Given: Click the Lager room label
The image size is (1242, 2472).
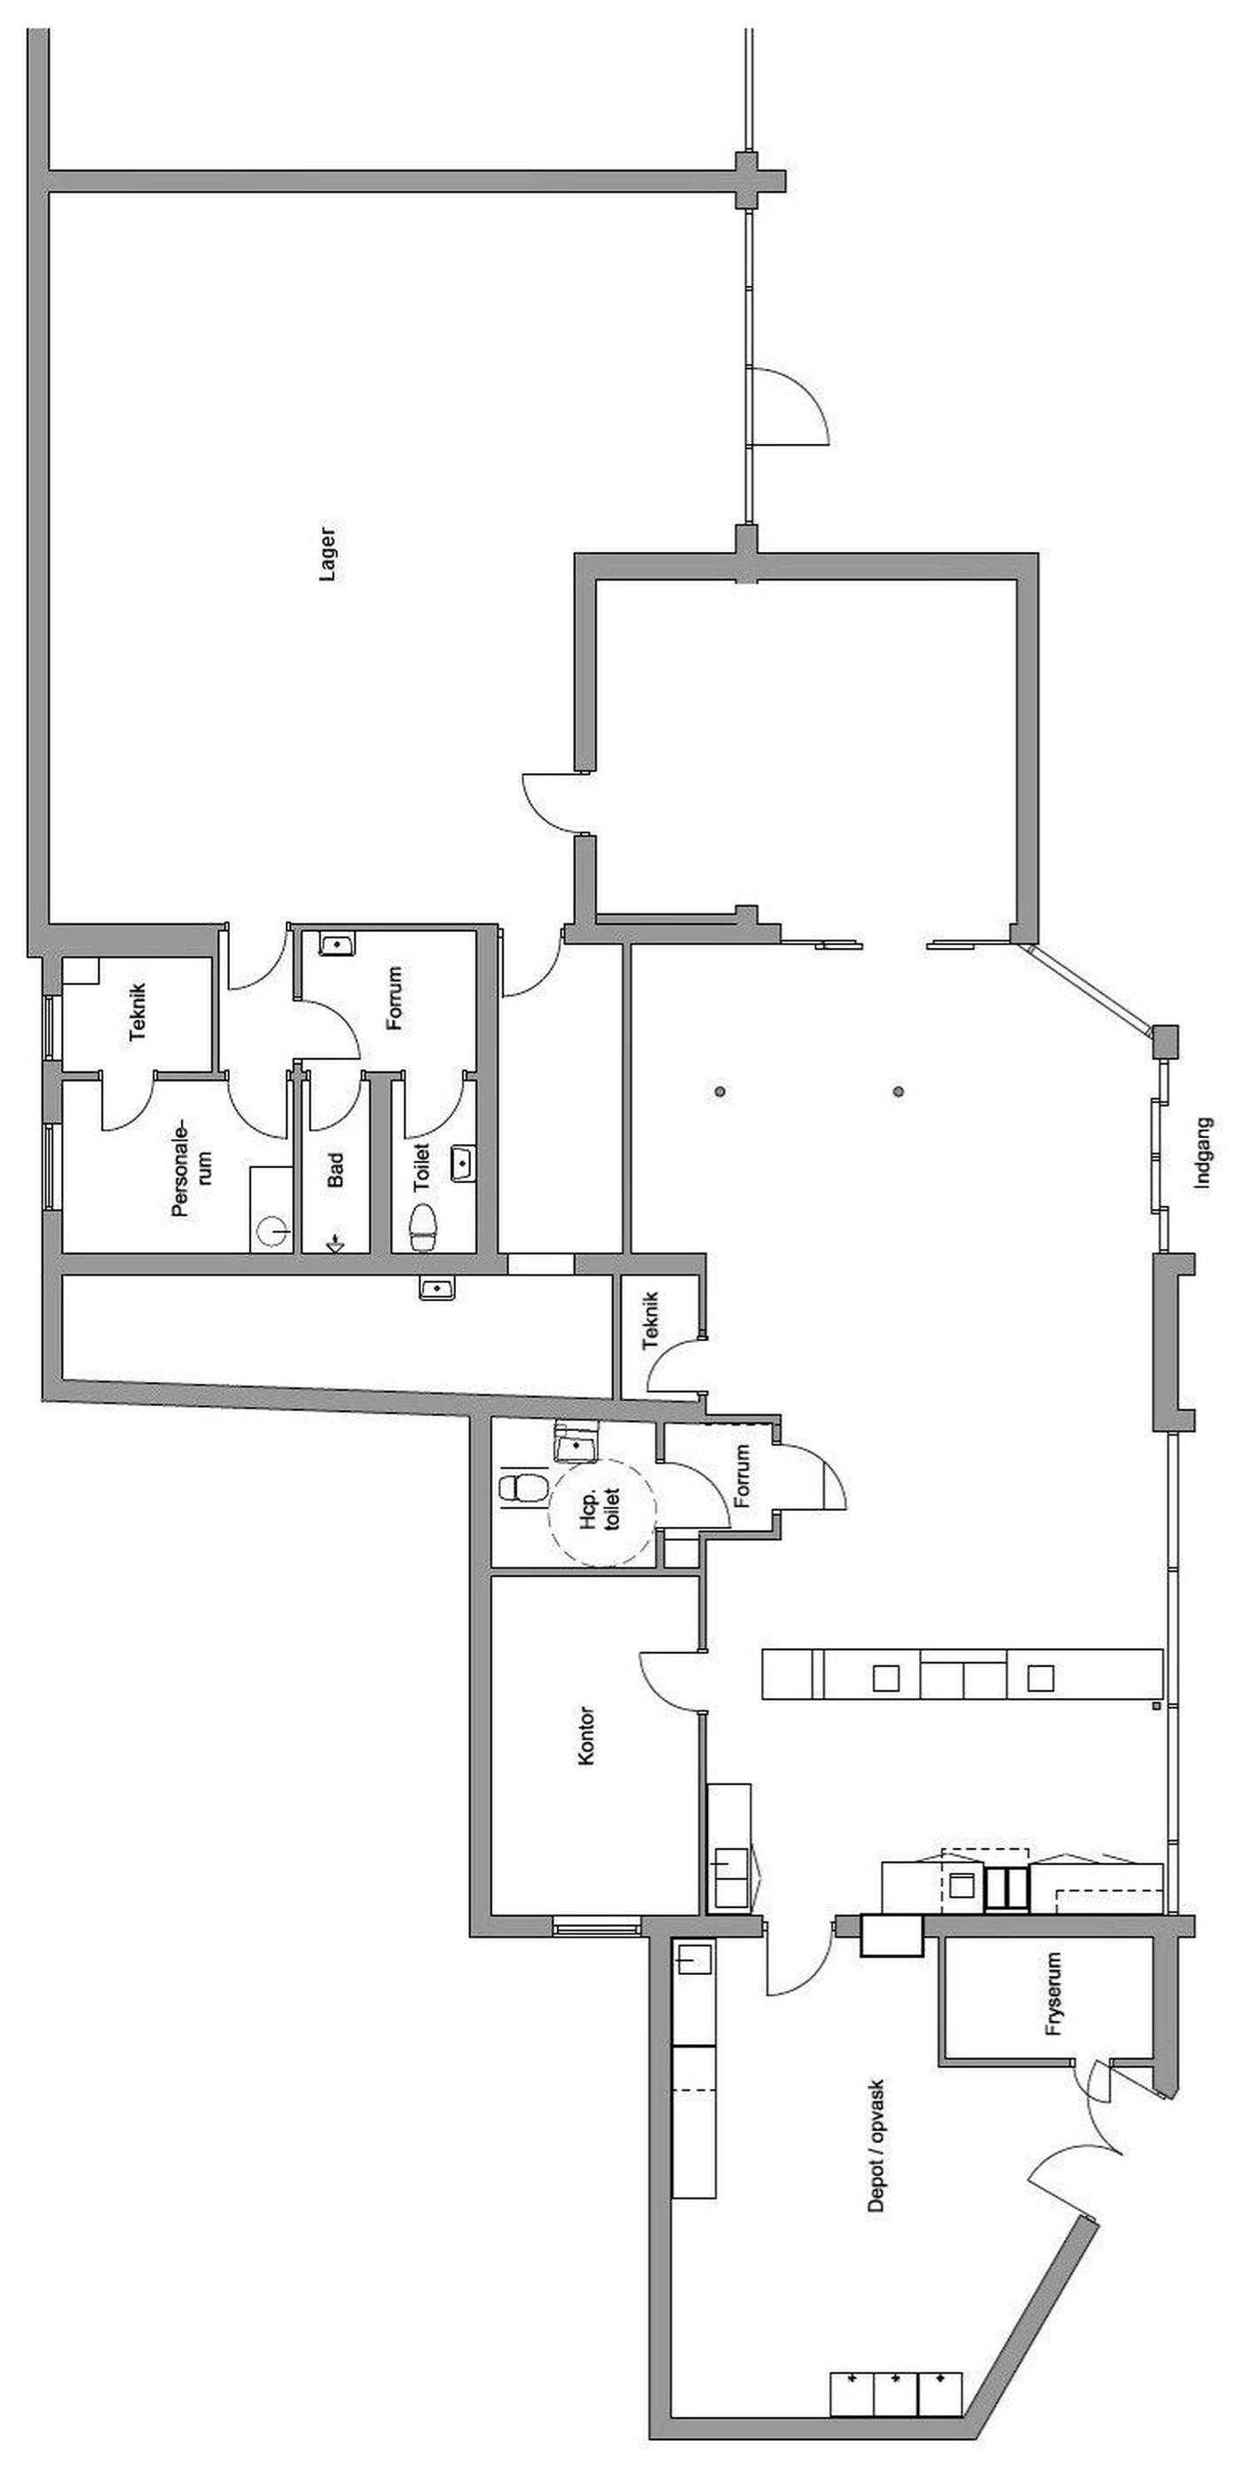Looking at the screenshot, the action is click(328, 555).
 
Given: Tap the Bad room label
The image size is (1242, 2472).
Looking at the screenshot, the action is click(334, 1169).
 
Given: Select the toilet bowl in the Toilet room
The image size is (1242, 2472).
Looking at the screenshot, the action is click(424, 1228).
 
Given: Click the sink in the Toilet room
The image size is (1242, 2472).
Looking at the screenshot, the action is click(463, 1163).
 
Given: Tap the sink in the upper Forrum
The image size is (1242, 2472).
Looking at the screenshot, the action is click(336, 944).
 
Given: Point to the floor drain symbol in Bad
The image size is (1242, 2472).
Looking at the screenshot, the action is click(335, 1243).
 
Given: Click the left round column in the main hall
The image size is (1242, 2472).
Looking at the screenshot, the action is click(719, 1091).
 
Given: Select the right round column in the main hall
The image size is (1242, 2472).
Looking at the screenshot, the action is click(899, 1091).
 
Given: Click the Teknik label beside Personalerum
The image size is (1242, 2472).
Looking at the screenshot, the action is click(138, 1012).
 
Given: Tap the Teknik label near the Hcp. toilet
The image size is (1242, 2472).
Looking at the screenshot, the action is click(651, 1321).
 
